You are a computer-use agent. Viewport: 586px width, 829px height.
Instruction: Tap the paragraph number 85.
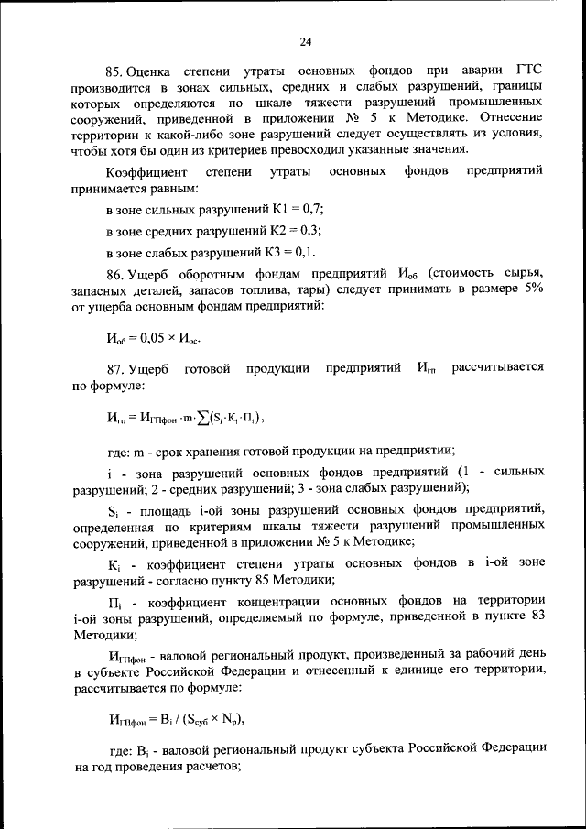pyautogui.click(x=114, y=71)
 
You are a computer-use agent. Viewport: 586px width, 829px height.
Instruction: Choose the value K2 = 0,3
pyautogui.click(x=301, y=231)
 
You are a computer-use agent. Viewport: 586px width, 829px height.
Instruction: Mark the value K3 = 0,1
pyautogui.click(x=297, y=252)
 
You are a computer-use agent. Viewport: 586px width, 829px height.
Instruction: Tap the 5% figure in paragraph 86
pyautogui.click(x=530, y=289)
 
